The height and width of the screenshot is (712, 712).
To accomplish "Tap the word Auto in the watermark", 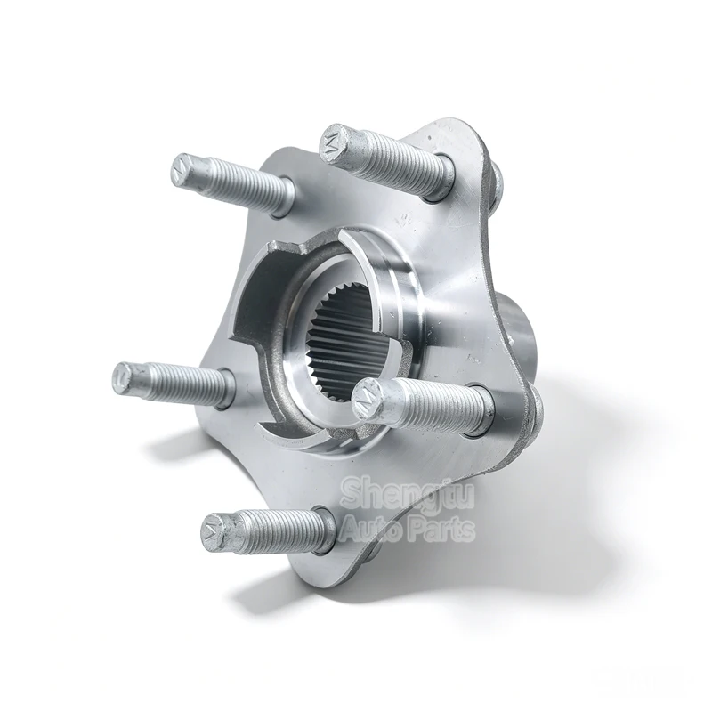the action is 371,529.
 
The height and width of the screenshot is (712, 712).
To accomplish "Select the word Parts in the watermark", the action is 441,530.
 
